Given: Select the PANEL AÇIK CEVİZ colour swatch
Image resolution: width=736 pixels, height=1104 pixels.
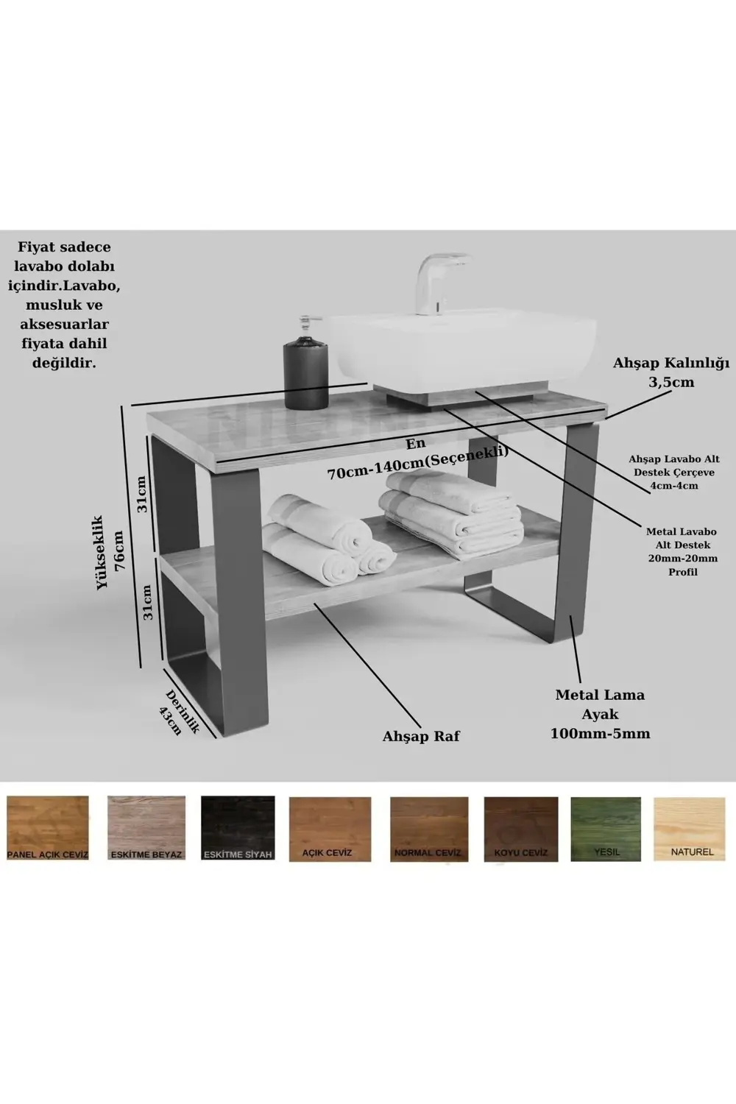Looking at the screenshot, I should coord(47,828).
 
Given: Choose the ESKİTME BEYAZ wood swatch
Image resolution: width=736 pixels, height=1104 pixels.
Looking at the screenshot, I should coord(146,828).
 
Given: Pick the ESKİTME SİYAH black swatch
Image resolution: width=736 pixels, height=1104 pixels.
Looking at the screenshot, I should coord(238,828).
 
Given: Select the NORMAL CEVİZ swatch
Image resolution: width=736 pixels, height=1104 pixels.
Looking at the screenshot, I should coord(428,828).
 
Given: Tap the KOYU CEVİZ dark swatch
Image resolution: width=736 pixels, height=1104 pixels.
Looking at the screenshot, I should coord(521,828).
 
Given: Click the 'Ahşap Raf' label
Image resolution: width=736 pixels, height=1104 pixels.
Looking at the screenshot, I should coord(421,736).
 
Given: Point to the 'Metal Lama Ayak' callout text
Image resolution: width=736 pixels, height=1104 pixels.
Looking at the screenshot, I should coord(600,713).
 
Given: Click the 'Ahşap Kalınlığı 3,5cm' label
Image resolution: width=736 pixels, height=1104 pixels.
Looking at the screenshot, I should coord(670,372).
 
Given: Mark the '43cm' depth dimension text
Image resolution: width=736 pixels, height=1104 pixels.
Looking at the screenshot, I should coord(171,720).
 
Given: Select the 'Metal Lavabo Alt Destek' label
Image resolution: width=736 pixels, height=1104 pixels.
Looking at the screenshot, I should coord(681,551).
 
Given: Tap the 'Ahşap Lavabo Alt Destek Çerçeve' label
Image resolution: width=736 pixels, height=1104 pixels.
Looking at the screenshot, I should coord(673,472).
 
